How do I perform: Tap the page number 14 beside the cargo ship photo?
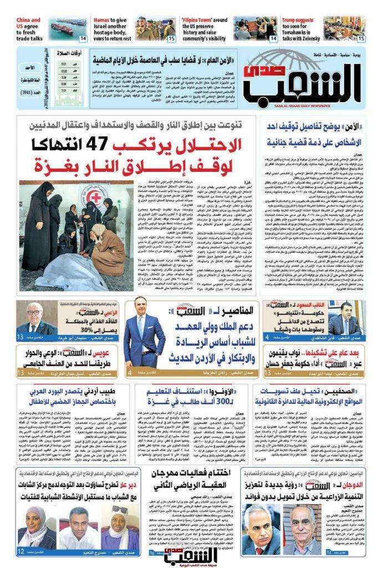pos(83,39)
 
